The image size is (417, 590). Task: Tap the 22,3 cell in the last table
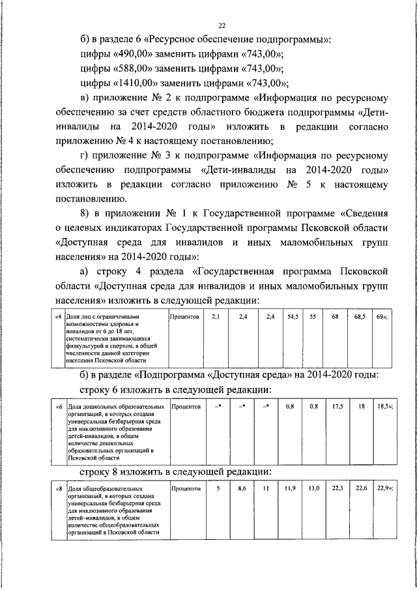pyautogui.click(x=338, y=488)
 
